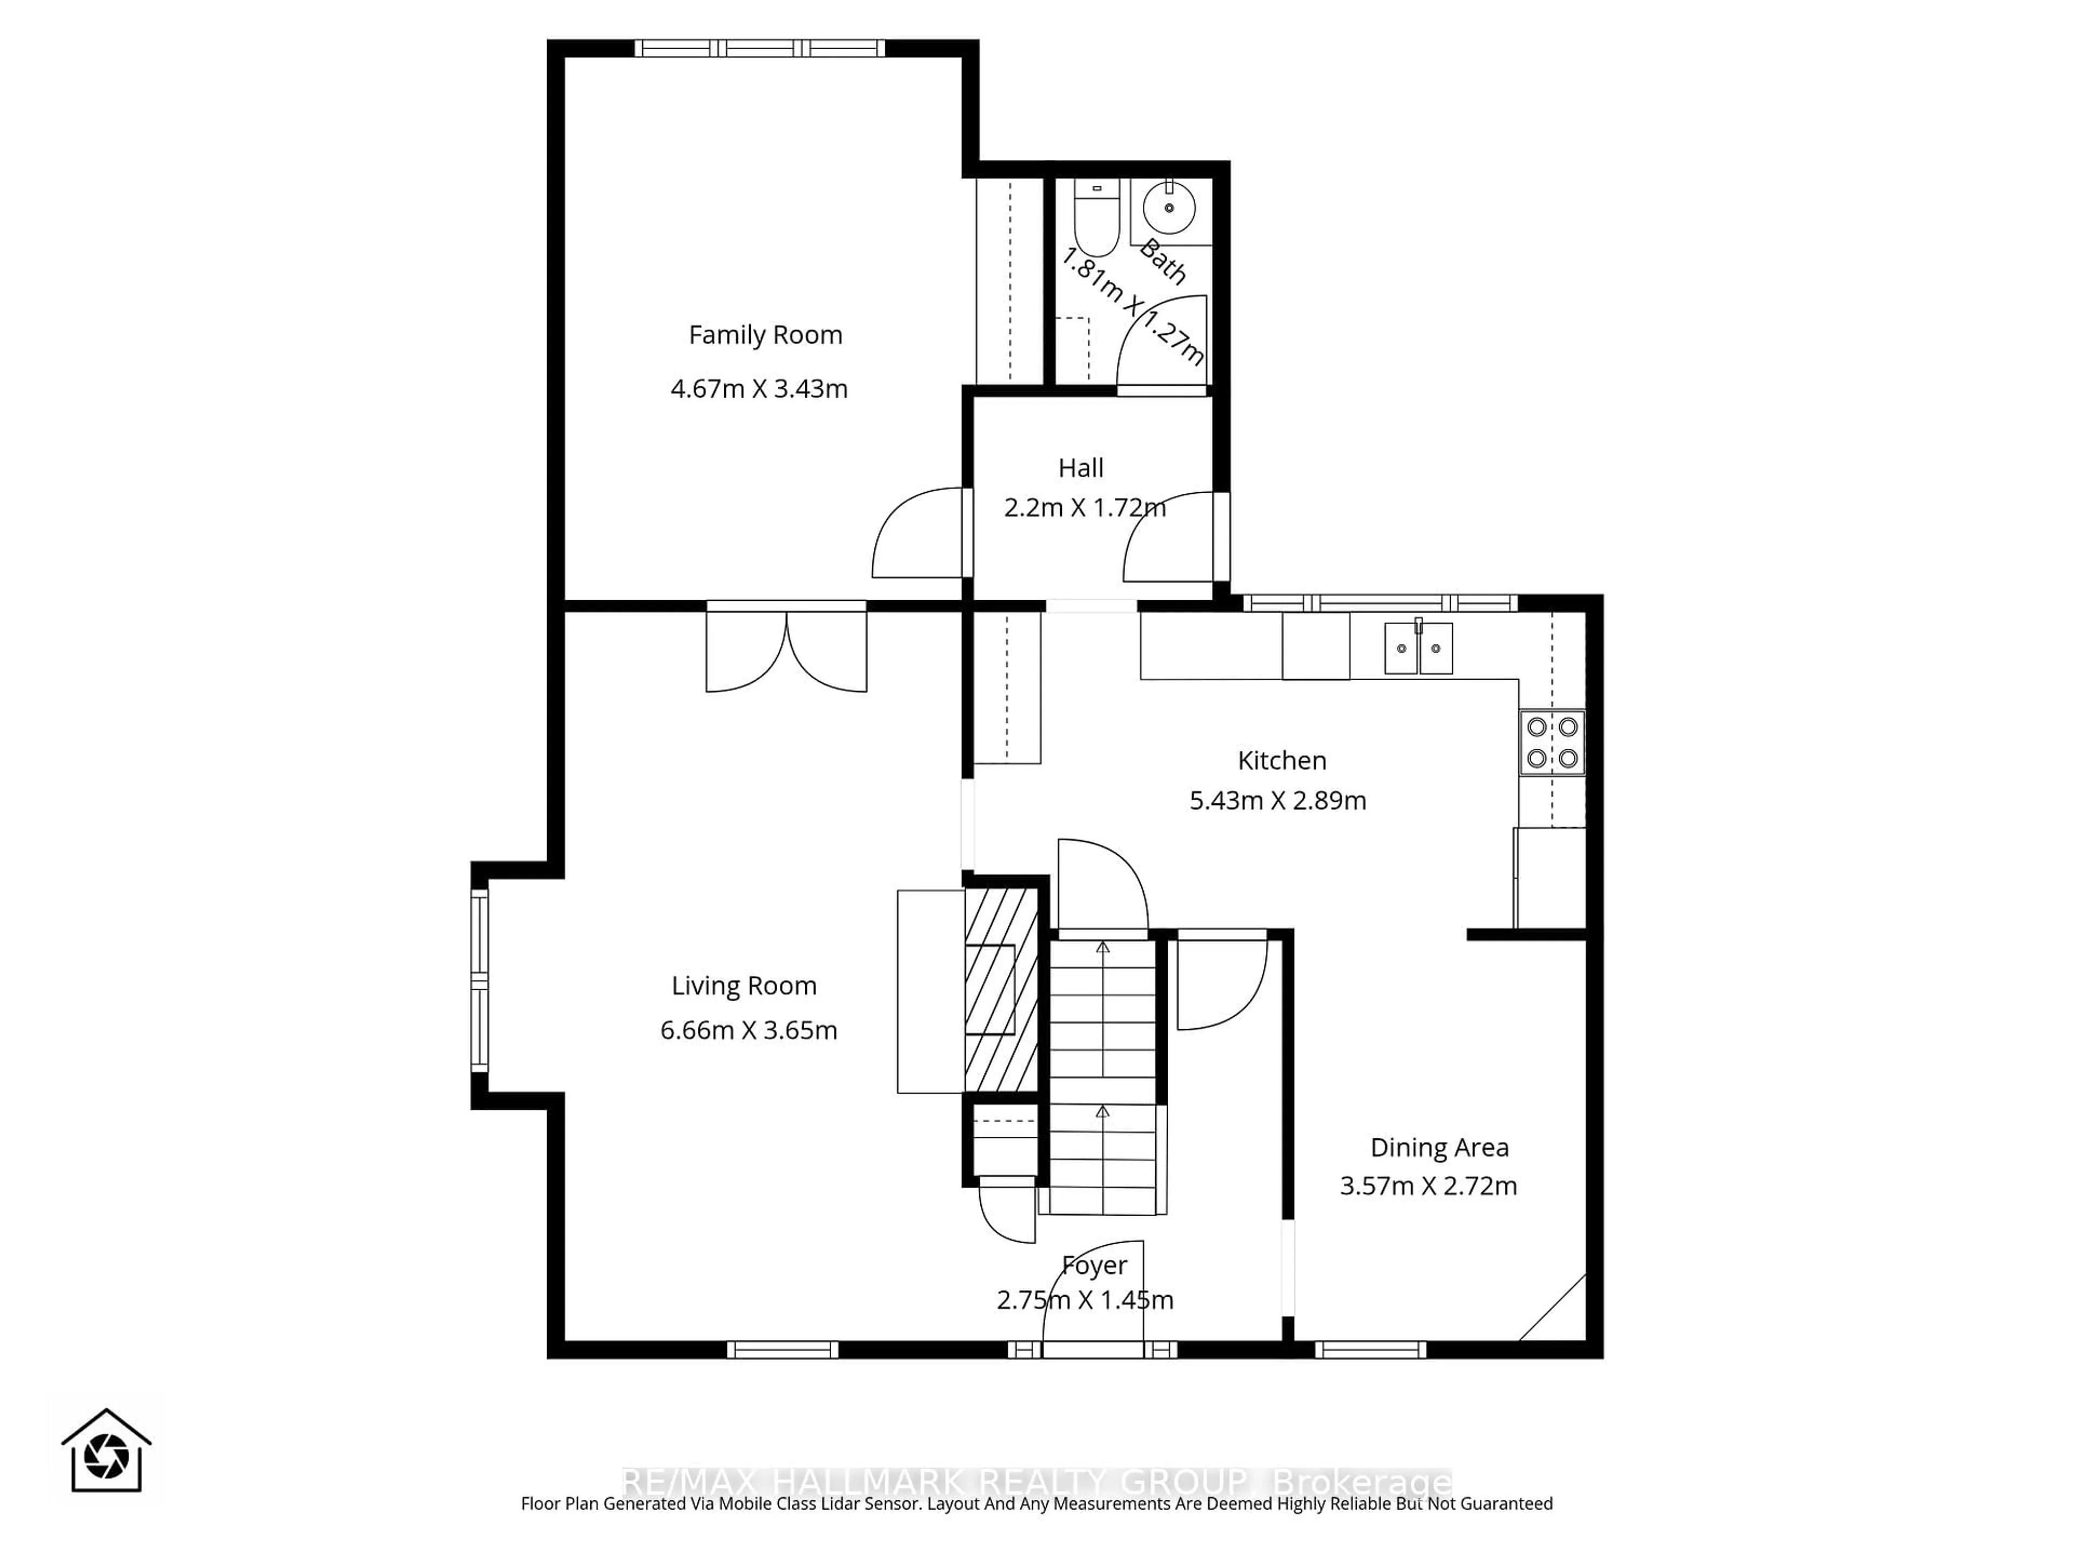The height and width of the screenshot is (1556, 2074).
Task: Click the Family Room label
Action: point(765,335)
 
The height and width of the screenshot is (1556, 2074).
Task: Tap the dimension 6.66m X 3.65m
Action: point(748,1030)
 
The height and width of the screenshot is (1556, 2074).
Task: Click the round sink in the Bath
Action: point(1168,207)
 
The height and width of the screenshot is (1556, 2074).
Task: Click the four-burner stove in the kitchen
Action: point(1552,742)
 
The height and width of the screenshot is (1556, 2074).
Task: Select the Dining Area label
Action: point(1439,1147)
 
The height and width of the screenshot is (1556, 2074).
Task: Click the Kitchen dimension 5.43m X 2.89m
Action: point(1277,800)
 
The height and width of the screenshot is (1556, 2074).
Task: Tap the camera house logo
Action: point(106,1451)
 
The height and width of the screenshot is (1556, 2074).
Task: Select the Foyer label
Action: point(1094,1265)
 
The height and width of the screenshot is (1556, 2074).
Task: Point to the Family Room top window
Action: point(759,48)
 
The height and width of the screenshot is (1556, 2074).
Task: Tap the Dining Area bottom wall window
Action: point(1370,1350)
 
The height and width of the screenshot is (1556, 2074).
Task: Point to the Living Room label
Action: point(744,986)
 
